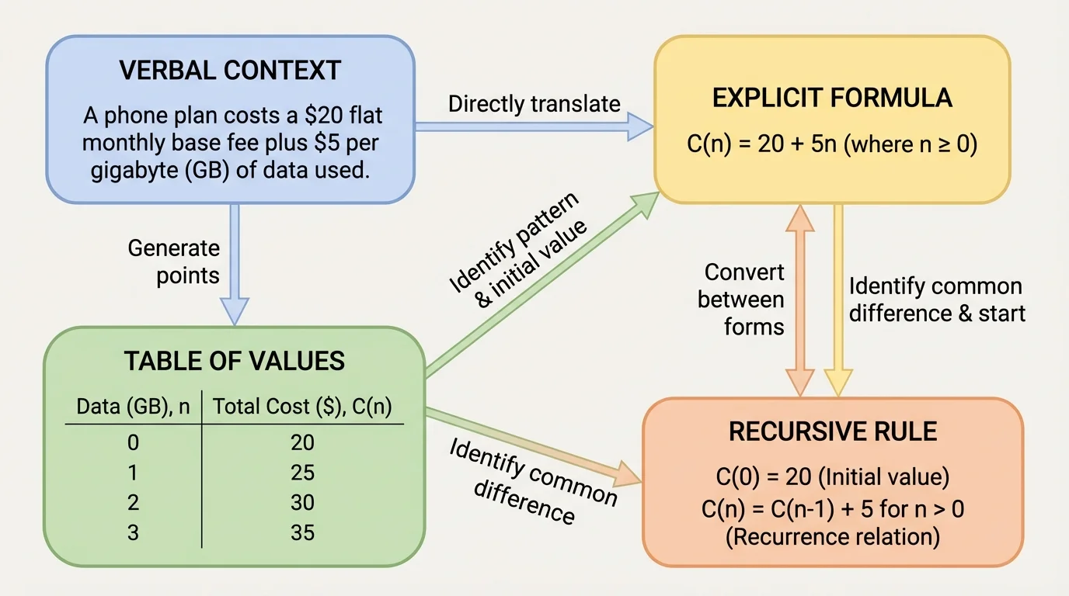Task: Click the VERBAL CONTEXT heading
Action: tap(230, 71)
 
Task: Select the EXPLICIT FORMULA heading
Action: tap(832, 98)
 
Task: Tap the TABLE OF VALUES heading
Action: tap(234, 361)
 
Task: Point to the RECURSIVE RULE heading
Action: tap(832, 431)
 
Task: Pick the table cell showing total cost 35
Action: tap(302, 533)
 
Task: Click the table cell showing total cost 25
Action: tap(302, 473)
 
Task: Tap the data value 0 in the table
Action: tap(132, 442)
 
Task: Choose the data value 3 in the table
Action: tap(132, 533)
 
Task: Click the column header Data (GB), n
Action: tap(133, 406)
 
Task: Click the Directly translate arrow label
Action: tap(534, 103)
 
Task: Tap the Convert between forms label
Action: tap(743, 300)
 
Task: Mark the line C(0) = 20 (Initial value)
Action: tap(832, 477)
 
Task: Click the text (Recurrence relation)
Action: tap(832, 535)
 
